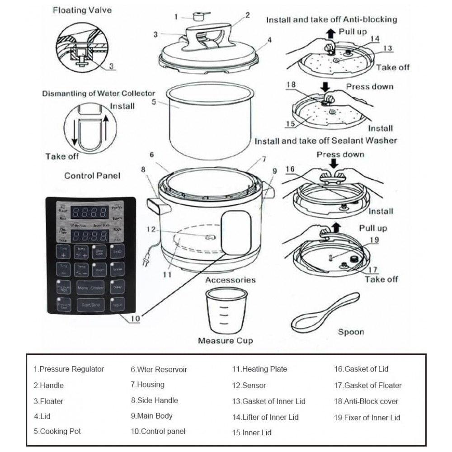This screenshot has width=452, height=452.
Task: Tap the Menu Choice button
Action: point(90,287)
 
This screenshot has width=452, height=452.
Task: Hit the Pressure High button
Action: point(63,287)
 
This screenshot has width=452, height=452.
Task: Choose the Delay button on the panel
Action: point(118,287)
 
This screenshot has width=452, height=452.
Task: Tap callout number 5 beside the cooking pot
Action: point(154,102)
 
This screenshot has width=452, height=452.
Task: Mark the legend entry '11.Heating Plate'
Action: point(259,369)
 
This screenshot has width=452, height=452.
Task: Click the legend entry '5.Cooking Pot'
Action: point(57,431)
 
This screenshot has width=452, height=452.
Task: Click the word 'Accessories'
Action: point(230,280)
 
